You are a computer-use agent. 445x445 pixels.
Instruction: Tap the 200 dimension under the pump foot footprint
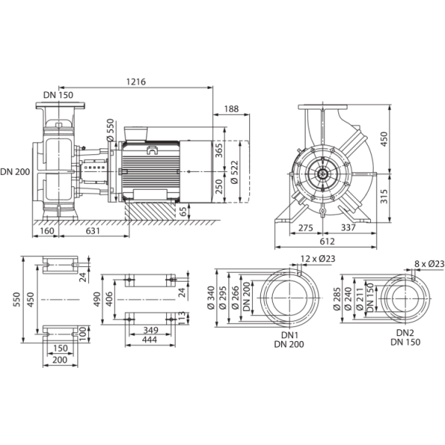pos(62,360)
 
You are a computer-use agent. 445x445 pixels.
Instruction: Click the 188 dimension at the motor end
pos(230,108)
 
